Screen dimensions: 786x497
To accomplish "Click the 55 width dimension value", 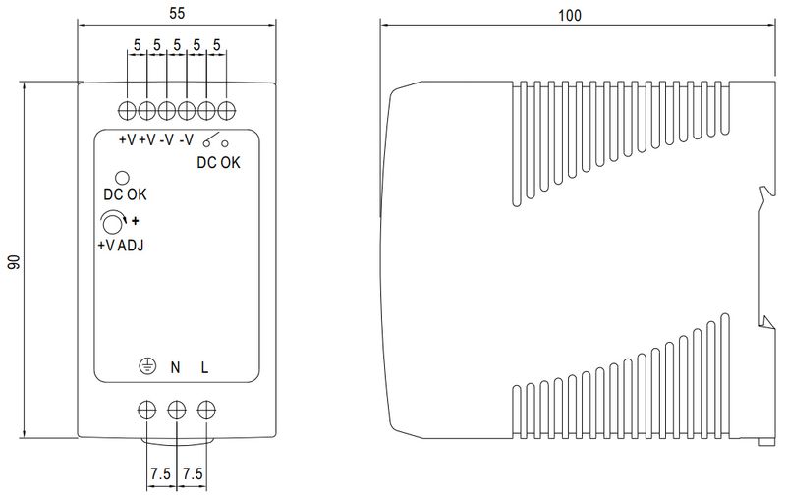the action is coord(177,13).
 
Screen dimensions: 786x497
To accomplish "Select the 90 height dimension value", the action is coord(14,261).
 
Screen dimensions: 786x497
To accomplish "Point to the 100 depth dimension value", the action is coord(570,15).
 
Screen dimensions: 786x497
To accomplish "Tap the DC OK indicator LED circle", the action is coord(122,178).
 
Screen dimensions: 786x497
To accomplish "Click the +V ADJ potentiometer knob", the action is coord(113,223).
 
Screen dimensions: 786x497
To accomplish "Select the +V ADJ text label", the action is coord(120,245).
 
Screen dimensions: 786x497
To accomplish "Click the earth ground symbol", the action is coord(147,366).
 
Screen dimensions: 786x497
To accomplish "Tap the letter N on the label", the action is coord(175,367).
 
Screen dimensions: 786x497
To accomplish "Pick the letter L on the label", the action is coord(204,367).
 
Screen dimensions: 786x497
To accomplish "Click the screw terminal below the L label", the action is coord(206,410).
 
